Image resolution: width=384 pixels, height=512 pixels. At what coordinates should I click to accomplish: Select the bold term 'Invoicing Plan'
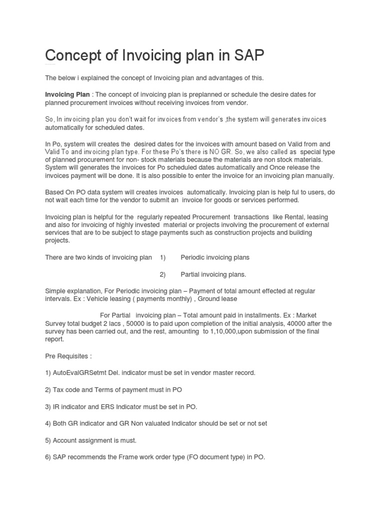pos(67,94)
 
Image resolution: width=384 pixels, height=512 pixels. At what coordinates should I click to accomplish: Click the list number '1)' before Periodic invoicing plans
pos(162,257)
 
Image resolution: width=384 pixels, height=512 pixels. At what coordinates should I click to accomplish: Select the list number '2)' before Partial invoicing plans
pos(162,274)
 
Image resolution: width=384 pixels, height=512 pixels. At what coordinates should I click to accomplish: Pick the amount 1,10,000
pos(226,331)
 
